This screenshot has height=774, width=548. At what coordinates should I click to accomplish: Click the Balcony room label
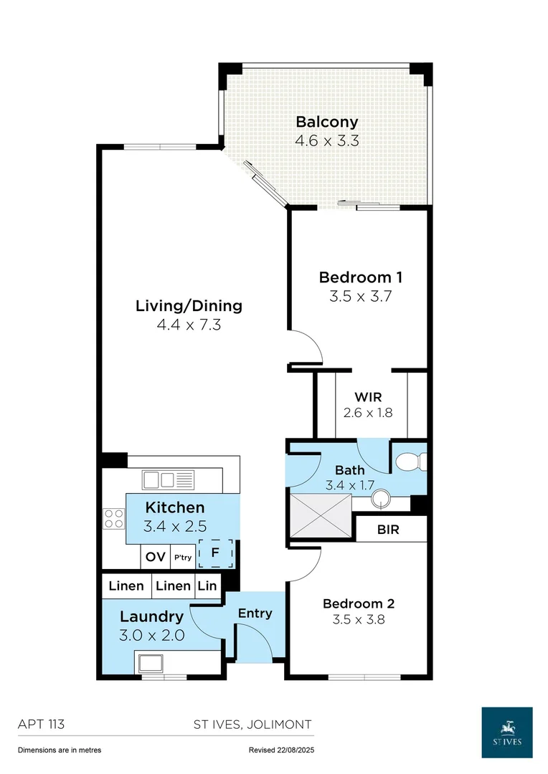[x=326, y=122]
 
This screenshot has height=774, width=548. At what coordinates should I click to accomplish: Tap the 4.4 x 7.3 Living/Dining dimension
[x=189, y=325]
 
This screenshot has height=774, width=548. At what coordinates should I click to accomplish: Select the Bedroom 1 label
[x=361, y=277]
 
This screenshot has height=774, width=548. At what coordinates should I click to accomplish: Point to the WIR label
[x=368, y=397]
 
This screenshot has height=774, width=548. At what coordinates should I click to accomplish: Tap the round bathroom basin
[x=381, y=499]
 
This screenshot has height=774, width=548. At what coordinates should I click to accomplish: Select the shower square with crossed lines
[x=321, y=515]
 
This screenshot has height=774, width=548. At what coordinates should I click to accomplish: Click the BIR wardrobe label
[x=388, y=530]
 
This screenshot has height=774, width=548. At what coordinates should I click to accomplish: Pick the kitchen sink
[x=168, y=479]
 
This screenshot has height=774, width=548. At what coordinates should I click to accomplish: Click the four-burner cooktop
[x=113, y=519]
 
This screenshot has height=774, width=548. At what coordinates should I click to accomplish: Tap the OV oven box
[x=155, y=557]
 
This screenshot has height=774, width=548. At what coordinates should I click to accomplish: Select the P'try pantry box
[x=183, y=557]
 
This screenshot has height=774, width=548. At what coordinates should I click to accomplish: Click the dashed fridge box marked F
[x=215, y=553]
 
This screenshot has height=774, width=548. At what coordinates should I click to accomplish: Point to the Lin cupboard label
[x=207, y=586]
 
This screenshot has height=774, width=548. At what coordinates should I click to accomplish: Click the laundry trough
[x=151, y=663]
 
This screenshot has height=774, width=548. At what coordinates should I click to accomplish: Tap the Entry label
[x=255, y=613]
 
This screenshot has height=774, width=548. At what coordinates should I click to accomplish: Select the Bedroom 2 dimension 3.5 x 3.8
[x=359, y=619]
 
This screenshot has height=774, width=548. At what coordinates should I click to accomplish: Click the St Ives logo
[x=507, y=732]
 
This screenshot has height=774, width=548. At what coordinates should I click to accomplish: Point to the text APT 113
[x=41, y=724]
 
